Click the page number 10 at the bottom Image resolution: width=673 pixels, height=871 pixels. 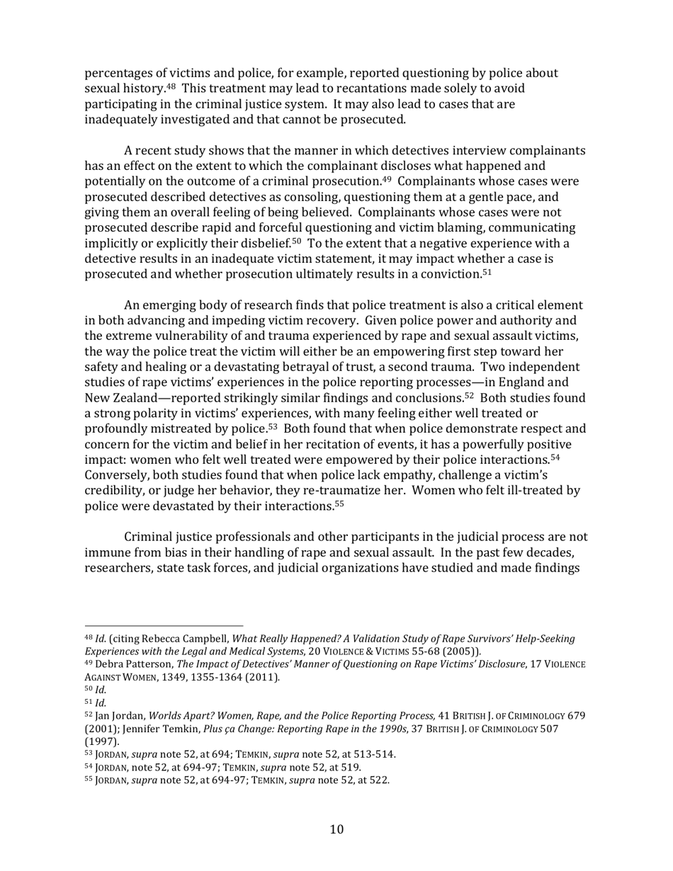(x=336, y=829)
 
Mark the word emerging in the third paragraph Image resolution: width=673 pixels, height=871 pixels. (x=181, y=305)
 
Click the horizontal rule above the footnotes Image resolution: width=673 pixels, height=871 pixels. (x=164, y=626)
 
